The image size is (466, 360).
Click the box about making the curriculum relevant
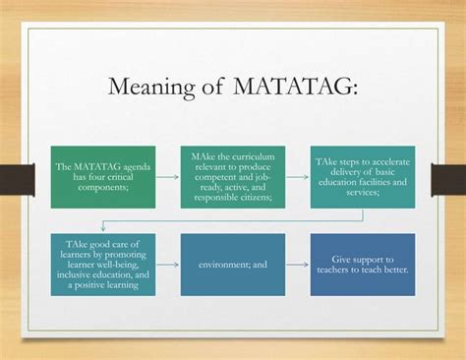coord(233,176)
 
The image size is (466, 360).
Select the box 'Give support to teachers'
coord(362,264)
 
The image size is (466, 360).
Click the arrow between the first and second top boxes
coord(168,177)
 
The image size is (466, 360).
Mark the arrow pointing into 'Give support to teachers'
coord(298,264)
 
